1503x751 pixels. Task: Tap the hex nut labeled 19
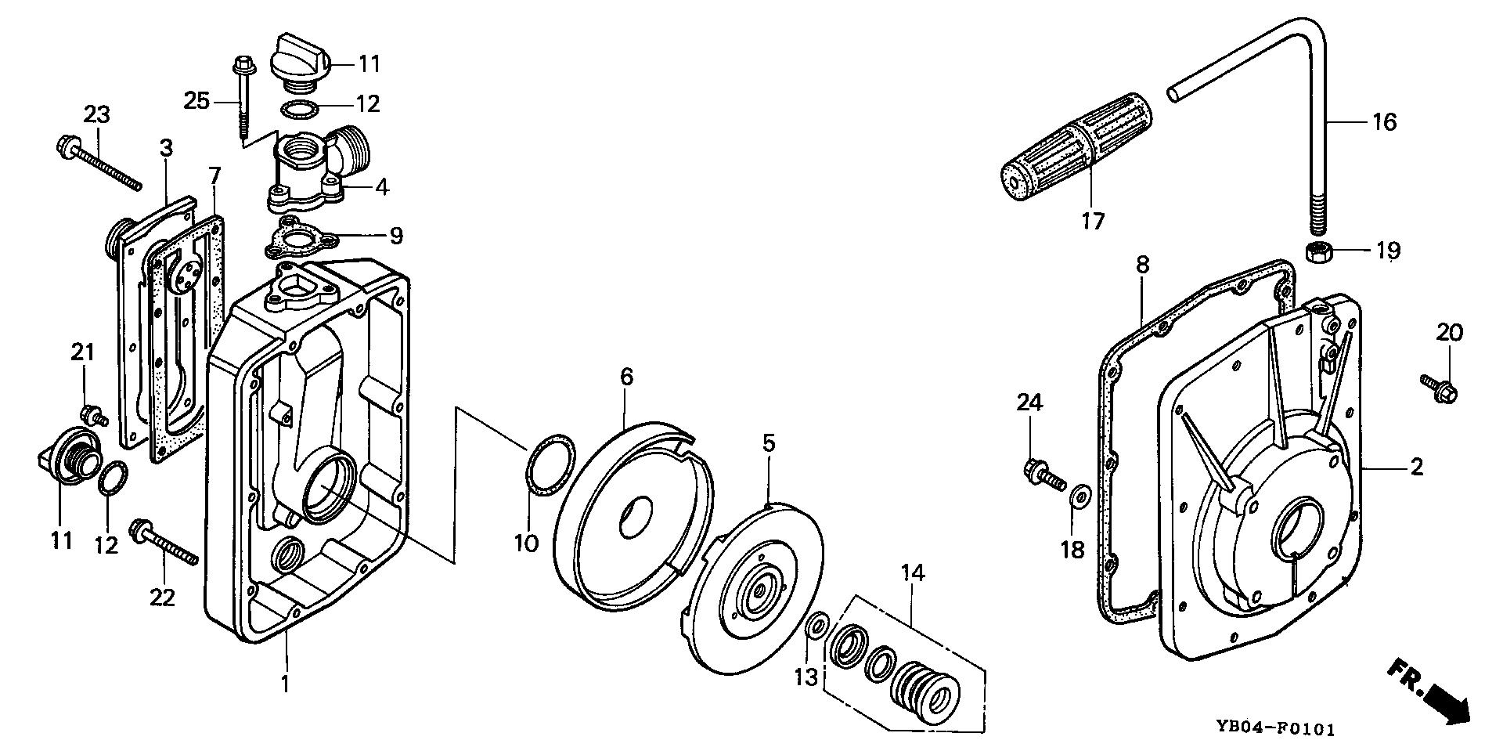point(1321,254)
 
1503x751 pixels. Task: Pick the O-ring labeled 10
point(551,467)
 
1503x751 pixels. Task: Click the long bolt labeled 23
point(99,164)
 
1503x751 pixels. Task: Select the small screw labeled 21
point(93,414)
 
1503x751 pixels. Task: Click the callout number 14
point(912,573)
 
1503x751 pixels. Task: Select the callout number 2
point(1417,468)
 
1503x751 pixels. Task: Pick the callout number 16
point(1386,122)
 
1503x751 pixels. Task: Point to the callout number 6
point(626,377)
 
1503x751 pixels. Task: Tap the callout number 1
point(286,684)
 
